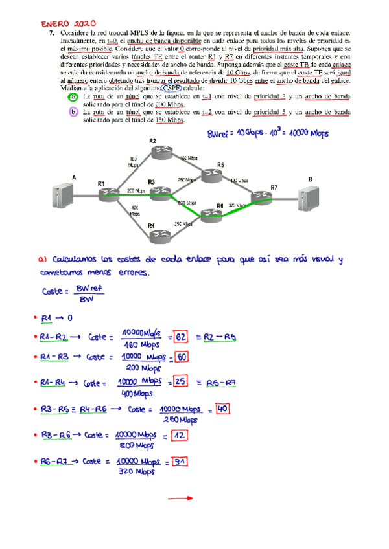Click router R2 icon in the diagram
click(158, 151)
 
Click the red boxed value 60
click(182, 357)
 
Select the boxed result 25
click(181, 383)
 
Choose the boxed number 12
click(181, 436)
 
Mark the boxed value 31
click(181, 462)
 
